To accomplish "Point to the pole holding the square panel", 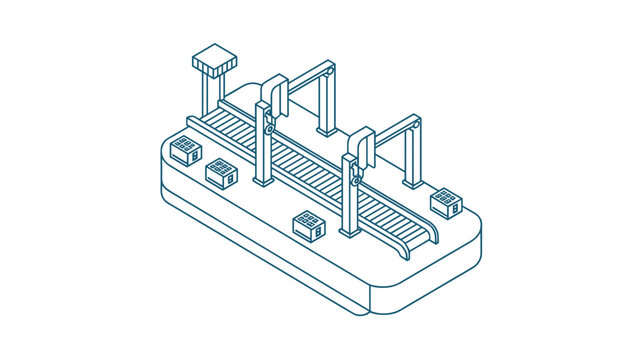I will pos(208,93).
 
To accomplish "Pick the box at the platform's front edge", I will pos(309,224).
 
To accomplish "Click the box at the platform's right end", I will pos(445,201).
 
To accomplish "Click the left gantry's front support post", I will pos(263,150).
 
